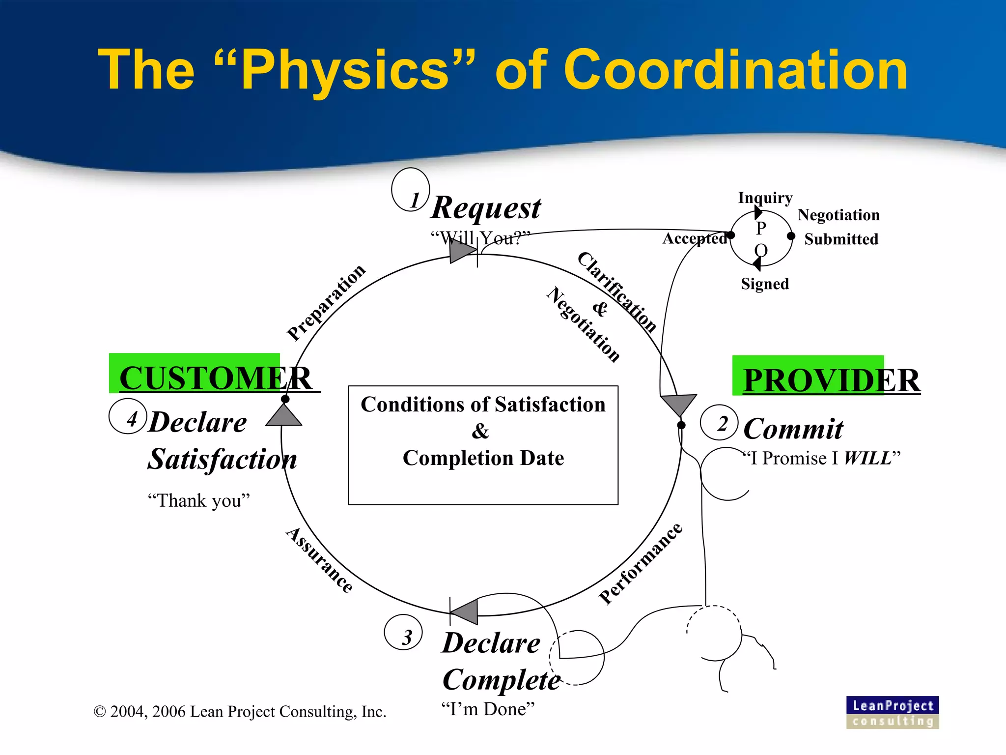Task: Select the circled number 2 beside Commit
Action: tap(719, 423)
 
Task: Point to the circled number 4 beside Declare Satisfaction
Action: tap(128, 417)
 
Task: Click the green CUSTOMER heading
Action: tap(215, 377)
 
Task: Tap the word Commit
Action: tap(793, 429)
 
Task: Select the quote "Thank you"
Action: tap(198, 500)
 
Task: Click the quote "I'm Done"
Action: tap(487, 709)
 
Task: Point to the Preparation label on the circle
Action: tap(326, 302)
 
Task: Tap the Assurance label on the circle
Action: tap(320, 560)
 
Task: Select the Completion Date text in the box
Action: tap(483, 458)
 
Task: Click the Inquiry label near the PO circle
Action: tap(765, 198)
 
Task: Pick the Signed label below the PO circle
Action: tap(765, 284)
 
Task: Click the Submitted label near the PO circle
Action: tap(841, 239)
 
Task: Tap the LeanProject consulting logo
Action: tap(892, 712)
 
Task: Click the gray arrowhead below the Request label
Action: tap(461, 251)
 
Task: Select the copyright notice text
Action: tap(240, 711)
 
